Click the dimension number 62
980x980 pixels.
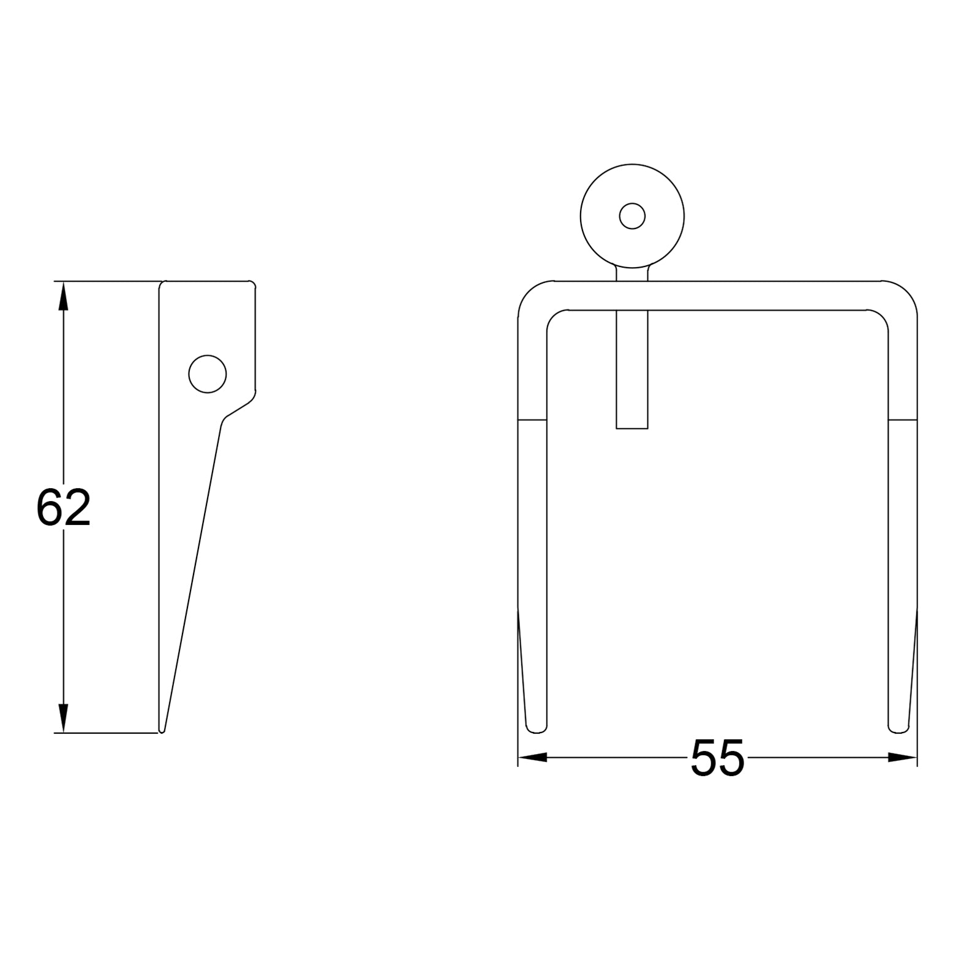(63, 508)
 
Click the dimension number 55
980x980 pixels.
(717, 758)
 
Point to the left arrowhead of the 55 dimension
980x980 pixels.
(532, 758)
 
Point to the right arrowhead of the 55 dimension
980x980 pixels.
(903, 758)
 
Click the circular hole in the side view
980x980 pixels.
(208, 374)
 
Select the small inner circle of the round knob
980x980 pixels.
(632, 216)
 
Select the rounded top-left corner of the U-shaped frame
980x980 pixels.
(530, 298)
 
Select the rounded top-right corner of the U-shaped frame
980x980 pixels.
(904, 298)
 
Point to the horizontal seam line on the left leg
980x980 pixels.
(532, 420)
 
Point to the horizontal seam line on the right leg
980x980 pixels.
(903, 420)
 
